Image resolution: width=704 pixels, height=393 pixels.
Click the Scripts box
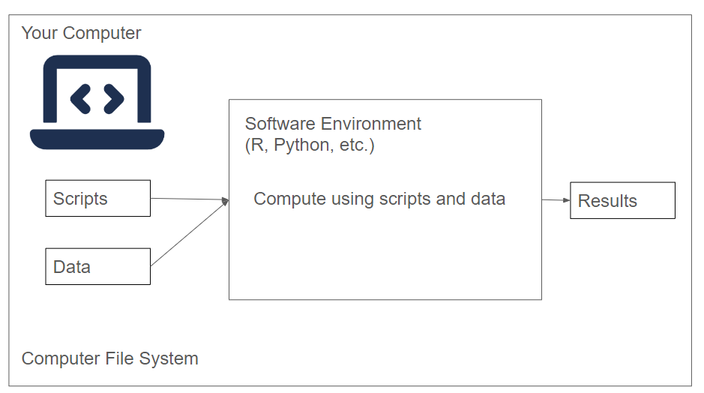[x=97, y=198]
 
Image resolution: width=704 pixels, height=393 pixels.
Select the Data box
[x=97, y=266]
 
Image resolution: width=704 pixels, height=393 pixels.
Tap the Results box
[x=622, y=200]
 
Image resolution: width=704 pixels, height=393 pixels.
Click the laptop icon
[x=97, y=102]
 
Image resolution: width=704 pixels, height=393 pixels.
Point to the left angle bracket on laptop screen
[x=80, y=98]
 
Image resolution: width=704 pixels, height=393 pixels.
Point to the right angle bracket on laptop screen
[x=113, y=98]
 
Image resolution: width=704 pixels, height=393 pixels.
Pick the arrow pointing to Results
[x=556, y=200]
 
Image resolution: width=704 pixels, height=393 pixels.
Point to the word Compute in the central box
[x=285, y=199]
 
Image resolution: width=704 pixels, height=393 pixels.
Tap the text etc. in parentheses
[x=356, y=145]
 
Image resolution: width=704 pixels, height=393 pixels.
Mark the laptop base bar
[x=97, y=138]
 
